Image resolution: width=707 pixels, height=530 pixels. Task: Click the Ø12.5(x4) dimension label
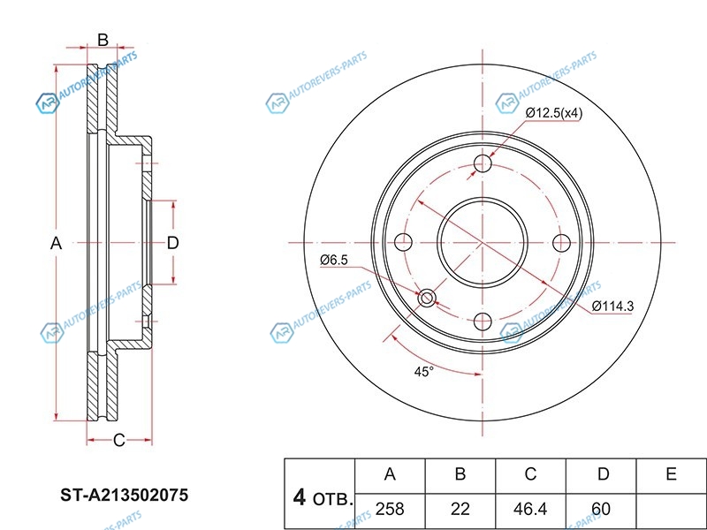(554, 112)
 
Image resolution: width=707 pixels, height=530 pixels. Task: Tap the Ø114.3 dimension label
(613, 306)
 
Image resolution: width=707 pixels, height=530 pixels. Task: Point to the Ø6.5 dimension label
(334, 260)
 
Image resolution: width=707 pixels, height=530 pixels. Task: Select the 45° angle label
(424, 372)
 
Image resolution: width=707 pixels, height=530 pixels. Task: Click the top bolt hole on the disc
(483, 164)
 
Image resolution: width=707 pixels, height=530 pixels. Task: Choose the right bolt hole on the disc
(560, 243)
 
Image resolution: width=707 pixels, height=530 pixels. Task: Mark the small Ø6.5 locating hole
(427, 298)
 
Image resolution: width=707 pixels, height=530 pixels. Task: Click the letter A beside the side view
(56, 243)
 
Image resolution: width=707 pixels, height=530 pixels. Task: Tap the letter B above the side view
(103, 39)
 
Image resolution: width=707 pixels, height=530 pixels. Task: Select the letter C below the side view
(118, 440)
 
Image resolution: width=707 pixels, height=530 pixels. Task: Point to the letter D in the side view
(173, 243)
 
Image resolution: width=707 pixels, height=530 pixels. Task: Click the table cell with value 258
(390, 509)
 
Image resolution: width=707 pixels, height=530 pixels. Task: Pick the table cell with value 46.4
(530, 509)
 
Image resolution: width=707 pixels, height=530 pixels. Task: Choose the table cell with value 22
(460, 509)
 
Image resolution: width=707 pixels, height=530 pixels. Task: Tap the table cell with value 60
(602, 509)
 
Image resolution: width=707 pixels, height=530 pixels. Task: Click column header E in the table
(672, 474)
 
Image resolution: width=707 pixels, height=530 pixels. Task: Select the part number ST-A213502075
(124, 495)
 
